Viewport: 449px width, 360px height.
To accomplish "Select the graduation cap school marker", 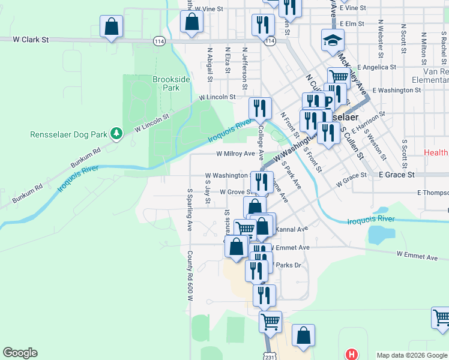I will [x=330, y=41].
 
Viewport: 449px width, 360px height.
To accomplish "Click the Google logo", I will [x=20, y=353].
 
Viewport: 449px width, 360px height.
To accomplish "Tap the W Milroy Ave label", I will [x=235, y=154].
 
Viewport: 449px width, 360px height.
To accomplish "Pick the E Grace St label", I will [x=397, y=175].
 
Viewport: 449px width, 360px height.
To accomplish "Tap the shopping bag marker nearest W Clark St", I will [x=111, y=26].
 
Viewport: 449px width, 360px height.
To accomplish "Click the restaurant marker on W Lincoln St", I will [x=260, y=109].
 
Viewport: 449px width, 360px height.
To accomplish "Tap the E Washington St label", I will [x=396, y=91].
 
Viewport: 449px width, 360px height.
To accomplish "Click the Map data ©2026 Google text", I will [x=411, y=355].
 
